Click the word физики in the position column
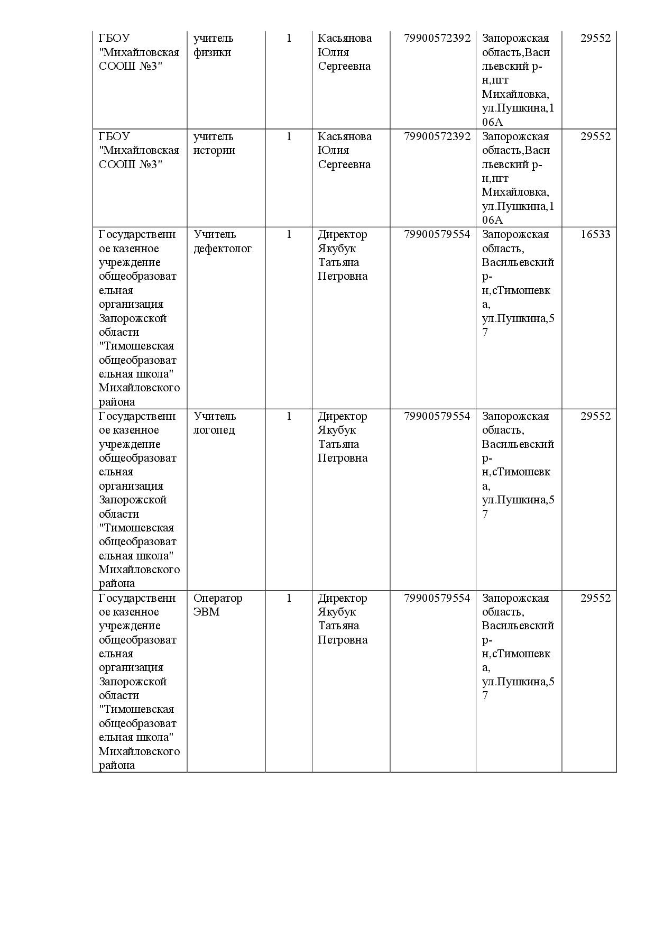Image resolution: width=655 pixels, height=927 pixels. pyautogui.click(x=212, y=52)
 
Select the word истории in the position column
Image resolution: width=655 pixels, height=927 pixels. pyautogui.click(x=214, y=150)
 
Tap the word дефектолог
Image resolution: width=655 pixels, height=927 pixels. pyautogui.click(x=222, y=249)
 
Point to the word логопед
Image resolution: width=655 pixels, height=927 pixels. pyautogui.click(x=214, y=430)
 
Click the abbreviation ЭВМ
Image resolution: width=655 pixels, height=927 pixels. pyautogui.click(x=206, y=612)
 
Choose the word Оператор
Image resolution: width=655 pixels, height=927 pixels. pyautogui.click(x=217, y=598)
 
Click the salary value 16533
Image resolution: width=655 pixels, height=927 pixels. pyautogui.click(x=595, y=234)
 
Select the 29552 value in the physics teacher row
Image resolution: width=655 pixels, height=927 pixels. pyautogui.click(x=595, y=38)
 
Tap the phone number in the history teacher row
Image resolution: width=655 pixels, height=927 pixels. pyautogui.click(x=437, y=136)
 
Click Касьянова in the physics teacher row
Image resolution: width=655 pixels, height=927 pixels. pyautogui.click(x=345, y=38)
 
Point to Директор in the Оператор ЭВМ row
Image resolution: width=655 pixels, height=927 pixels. pyautogui.click(x=342, y=598)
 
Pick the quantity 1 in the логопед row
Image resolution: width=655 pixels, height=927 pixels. pyautogui.click(x=289, y=416)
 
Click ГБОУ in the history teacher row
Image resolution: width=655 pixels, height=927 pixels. pyautogui.click(x=114, y=136)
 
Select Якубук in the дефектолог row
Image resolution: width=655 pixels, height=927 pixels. pyautogui.click(x=337, y=249)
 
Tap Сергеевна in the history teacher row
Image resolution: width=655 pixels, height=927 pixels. pyautogui.click(x=344, y=164)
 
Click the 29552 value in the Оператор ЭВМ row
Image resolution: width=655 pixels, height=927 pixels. pyautogui.click(x=595, y=598)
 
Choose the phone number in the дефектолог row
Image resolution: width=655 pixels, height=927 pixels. pyautogui.click(x=437, y=234)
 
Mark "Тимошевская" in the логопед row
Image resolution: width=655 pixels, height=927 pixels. pyautogui.click(x=136, y=528)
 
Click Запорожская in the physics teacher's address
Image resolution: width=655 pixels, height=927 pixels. pyautogui.click(x=515, y=38)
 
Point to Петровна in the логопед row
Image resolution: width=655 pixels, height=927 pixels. pyautogui.click(x=342, y=458)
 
